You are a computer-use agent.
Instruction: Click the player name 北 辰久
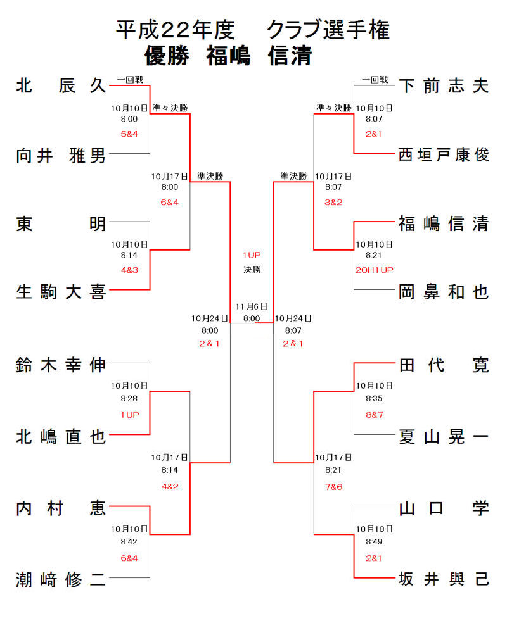tap(61, 85)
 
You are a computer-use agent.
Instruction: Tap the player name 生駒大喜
tap(61, 291)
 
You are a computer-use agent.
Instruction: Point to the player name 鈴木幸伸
tap(61, 365)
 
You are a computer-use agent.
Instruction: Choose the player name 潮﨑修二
tap(61, 579)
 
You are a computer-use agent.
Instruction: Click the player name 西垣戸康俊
tap(444, 154)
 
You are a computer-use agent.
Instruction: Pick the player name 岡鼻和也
tap(444, 291)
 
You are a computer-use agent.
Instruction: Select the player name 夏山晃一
tap(444, 436)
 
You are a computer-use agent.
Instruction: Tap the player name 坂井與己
tap(444, 579)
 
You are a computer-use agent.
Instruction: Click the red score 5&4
tap(129, 134)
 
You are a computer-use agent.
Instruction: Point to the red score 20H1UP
tap(374, 270)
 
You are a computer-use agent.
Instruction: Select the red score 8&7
tap(374, 414)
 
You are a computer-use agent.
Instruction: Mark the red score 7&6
tap(333, 486)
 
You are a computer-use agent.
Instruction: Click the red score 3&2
tap(333, 202)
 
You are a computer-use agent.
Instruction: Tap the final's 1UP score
tap(252, 254)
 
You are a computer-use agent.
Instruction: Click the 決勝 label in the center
tap(252, 270)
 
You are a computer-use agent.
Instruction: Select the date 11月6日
tap(252, 306)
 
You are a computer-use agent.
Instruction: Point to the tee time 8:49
tap(374, 542)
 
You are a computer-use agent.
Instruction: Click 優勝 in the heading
tap(167, 56)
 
